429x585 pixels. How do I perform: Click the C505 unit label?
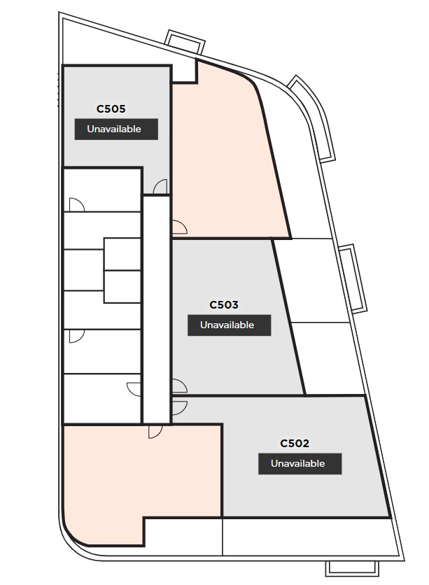coord(111,109)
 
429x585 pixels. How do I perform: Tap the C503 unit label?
coord(224,305)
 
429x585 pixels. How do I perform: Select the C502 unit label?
coord(295,443)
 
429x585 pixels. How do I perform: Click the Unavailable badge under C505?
coord(116,129)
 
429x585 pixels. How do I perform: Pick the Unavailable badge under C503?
coord(229,325)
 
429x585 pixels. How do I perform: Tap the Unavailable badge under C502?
coord(300,464)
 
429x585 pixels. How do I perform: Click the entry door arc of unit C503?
coord(179,386)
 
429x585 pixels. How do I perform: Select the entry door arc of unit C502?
coord(180,408)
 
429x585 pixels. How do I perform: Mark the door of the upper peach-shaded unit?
coord(179,227)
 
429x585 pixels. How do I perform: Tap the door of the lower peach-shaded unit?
coord(155,432)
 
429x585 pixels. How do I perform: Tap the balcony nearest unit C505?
coord(185,41)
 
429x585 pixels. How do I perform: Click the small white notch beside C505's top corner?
coord(184,70)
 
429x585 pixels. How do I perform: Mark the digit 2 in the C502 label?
coord(306,443)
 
